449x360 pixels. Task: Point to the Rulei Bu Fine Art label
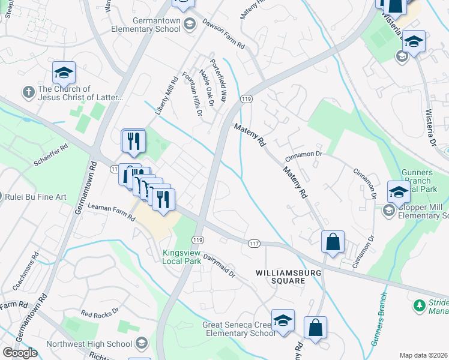point(35,196)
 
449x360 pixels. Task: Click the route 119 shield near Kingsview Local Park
point(197,239)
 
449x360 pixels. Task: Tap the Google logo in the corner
point(20,353)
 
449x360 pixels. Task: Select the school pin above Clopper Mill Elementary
point(399,192)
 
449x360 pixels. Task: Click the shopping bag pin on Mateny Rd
point(333,242)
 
